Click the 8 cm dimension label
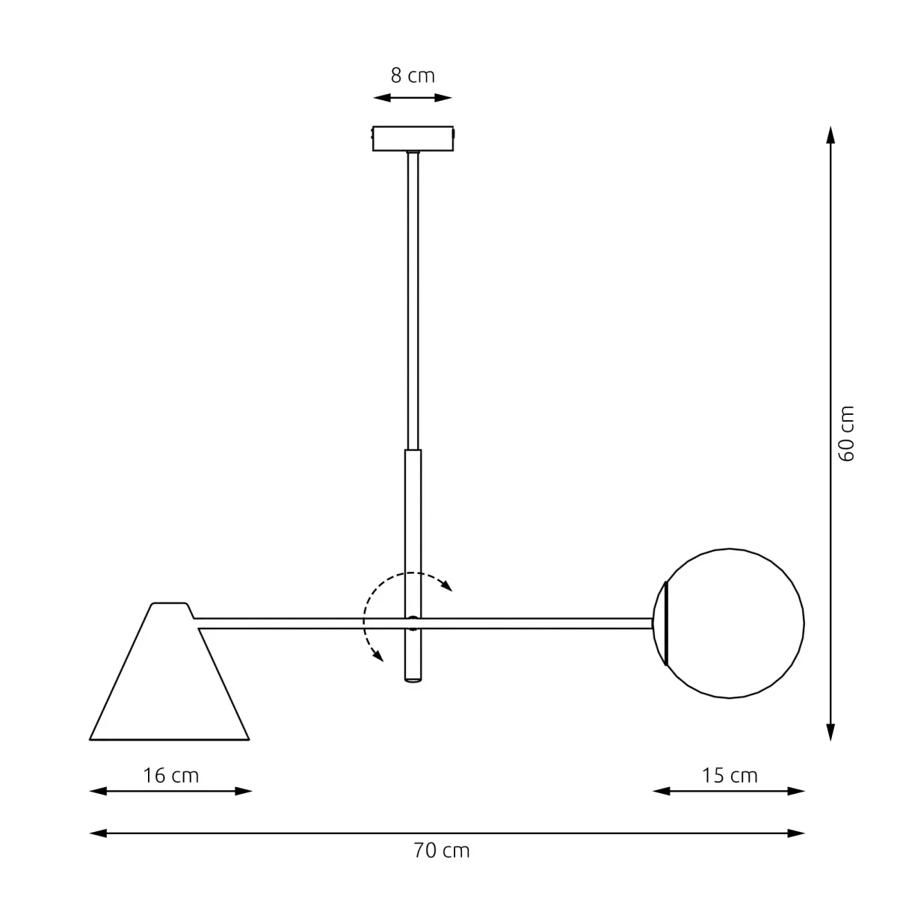(413, 75)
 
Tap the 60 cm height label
(846, 434)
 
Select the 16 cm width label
(171, 775)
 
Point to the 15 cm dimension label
(730, 775)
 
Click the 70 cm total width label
(441, 851)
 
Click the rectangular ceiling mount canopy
(413, 138)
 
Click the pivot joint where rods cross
(413, 620)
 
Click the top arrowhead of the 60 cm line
(830, 135)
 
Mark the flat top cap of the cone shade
(170, 604)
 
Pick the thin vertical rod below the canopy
(413, 299)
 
